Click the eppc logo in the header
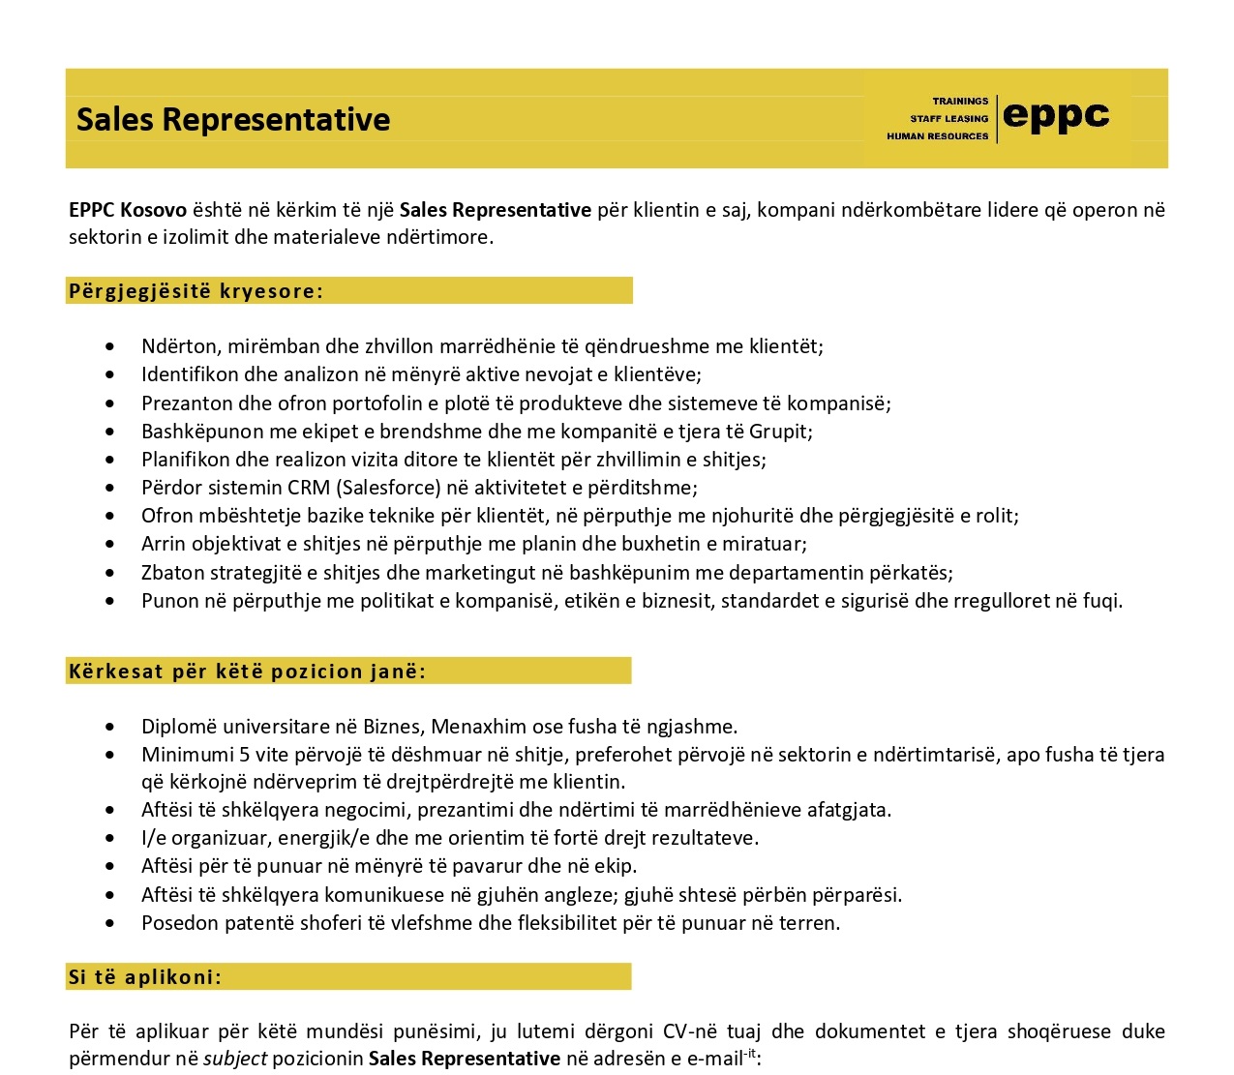1056,116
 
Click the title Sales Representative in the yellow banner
233,119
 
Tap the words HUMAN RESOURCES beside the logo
937,136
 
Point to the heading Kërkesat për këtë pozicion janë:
247,672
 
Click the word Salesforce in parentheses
385,488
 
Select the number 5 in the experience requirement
245,755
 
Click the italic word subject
235,1059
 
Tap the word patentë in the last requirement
257,923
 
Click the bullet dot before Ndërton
115,347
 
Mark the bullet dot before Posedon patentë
115,924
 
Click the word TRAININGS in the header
960,101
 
